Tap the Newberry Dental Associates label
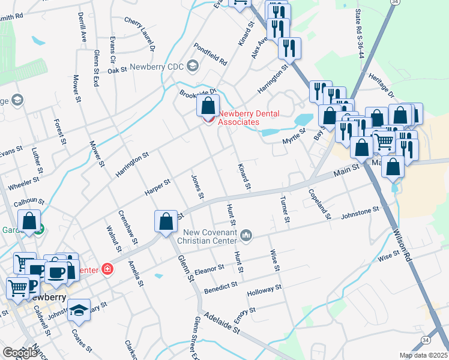tap(238, 118)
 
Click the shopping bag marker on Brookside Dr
tap(208, 107)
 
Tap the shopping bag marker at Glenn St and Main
tap(165, 221)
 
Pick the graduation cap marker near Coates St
tap(78, 310)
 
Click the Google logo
tap(20, 353)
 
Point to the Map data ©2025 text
tap(424, 355)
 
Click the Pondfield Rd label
tap(210, 53)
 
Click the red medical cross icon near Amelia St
tap(107, 269)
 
